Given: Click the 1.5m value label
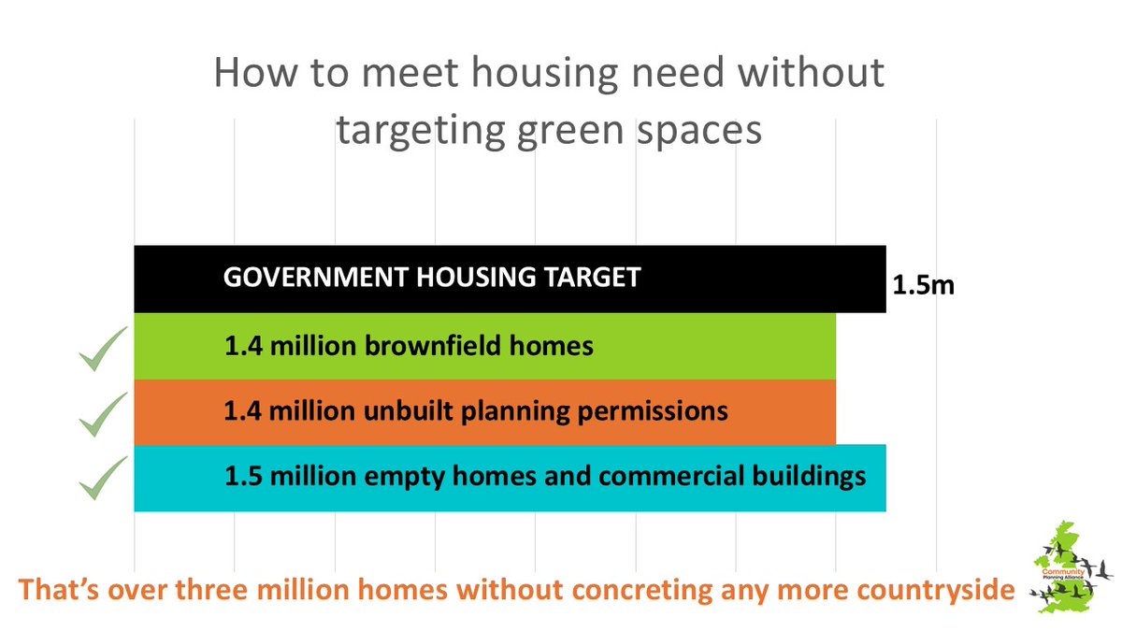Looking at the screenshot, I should (923, 285).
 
